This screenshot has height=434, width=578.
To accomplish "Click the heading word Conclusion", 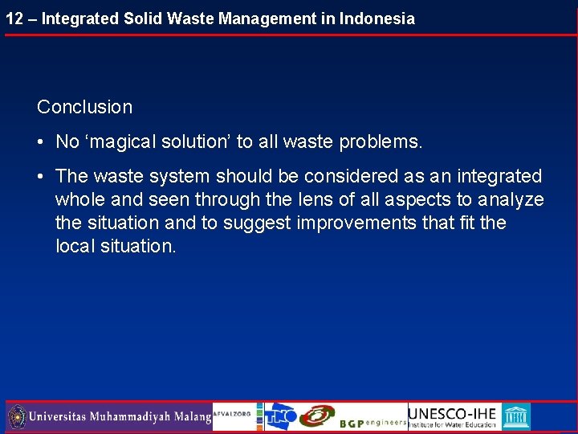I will tap(84, 107).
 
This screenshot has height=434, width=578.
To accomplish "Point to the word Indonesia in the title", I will tap(377, 18).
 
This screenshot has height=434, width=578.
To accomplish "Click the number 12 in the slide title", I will tap(14, 18).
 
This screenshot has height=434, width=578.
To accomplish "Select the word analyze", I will tap(511, 199).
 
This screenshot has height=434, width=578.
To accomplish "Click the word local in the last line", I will tap(75, 246).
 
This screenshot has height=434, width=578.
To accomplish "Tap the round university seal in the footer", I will tap(17, 416).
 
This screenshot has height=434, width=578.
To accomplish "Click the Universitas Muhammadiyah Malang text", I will tap(120, 417).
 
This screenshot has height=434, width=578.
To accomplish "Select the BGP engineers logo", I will tap(372, 422).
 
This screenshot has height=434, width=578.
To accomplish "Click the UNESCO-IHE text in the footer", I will tap(453, 412).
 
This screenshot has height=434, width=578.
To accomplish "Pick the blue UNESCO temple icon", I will tap(515, 416).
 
